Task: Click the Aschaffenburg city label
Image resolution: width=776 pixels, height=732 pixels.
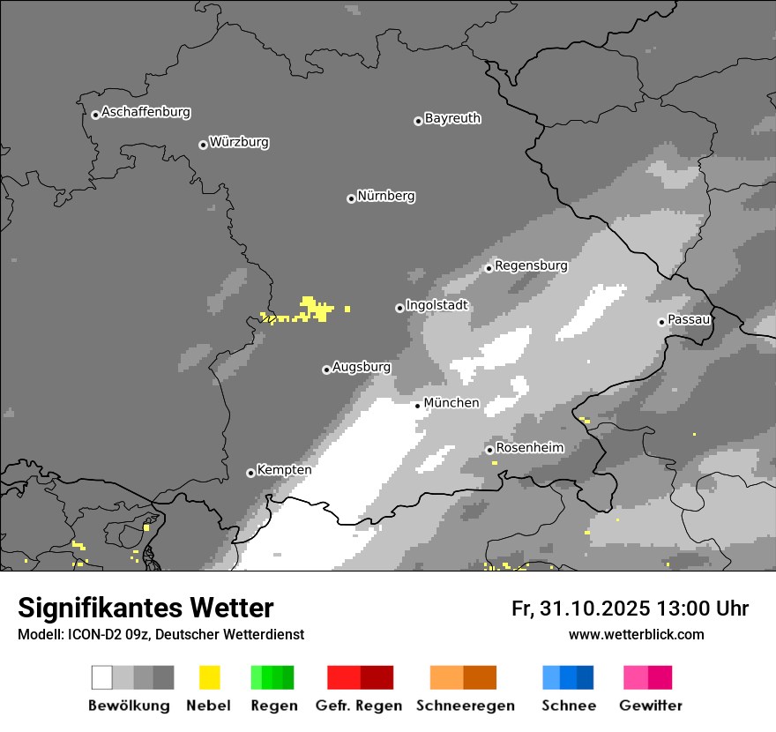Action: (x=145, y=112)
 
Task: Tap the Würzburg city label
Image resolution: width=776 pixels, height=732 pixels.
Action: (x=239, y=142)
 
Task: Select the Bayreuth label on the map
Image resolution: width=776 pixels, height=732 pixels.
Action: (x=452, y=118)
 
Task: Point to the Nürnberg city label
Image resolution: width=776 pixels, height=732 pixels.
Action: (x=385, y=196)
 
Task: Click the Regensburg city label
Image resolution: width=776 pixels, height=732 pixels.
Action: (x=531, y=265)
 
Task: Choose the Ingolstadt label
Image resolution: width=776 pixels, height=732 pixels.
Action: (x=436, y=305)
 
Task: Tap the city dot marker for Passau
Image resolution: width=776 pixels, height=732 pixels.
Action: (x=661, y=322)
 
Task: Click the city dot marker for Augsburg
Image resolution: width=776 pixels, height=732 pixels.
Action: (x=326, y=370)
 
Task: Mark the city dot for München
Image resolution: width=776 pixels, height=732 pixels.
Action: (x=417, y=406)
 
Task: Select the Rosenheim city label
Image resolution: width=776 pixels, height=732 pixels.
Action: (x=529, y=448)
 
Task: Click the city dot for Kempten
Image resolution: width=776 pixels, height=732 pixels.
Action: (x=250, y=473)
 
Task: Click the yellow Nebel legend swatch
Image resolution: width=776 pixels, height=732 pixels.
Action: (x=209, y=677)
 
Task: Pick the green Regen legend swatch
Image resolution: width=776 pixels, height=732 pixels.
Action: (x=272, y=677)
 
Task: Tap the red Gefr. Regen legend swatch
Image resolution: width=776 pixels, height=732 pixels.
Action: (x=360, y=677)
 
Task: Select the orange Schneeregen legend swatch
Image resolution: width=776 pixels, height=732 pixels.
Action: (x=463, y=677)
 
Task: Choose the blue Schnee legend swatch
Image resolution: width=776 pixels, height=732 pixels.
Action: (x=568, y=677)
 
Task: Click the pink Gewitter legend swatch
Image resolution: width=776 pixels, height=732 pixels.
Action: (x=647, y=677)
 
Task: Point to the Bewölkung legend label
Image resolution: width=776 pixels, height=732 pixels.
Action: (x=129, y=706)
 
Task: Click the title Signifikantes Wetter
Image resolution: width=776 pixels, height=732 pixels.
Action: (x=145, y=609)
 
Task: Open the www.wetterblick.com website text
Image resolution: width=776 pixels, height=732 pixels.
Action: (x=636, y=634)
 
